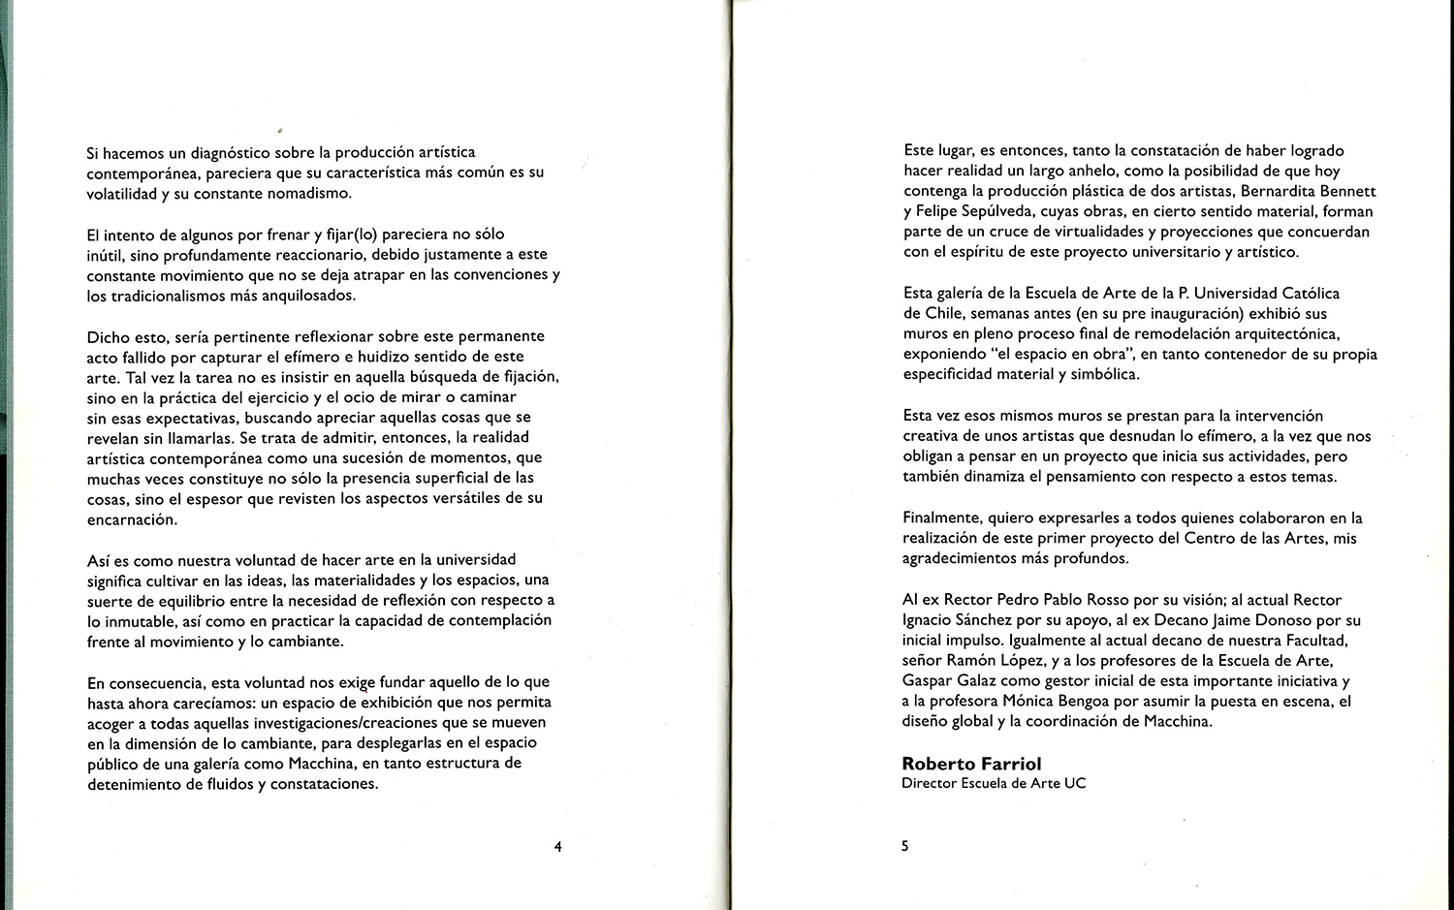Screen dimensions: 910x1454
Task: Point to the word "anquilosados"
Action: click(293, 296)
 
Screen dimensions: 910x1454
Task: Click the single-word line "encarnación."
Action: click(132, 519)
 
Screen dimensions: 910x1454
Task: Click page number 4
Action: click(557, 847)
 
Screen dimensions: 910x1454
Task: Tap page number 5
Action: click(905, 846)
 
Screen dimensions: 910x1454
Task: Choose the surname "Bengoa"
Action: click(1102, 701)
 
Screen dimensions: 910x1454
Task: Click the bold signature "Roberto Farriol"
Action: click(971, 764)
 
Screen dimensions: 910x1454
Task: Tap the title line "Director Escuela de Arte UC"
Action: click(994, 783)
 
